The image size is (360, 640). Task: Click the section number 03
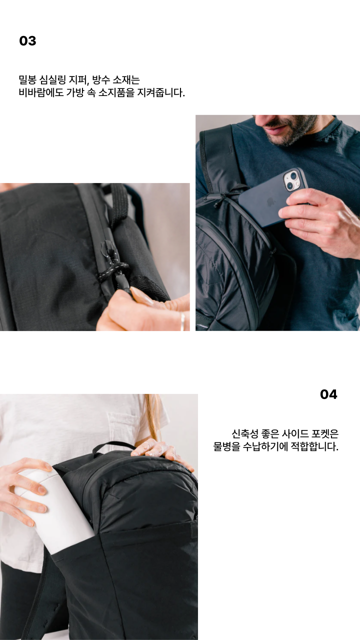click(x=27, y=41)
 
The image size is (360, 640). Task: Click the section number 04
click(x=328, y=394)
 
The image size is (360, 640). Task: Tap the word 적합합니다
click(x=314, y=446)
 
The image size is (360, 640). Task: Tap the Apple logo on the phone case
click(x=269, y=202)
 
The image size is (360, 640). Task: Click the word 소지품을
click(x=116, y=92)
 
